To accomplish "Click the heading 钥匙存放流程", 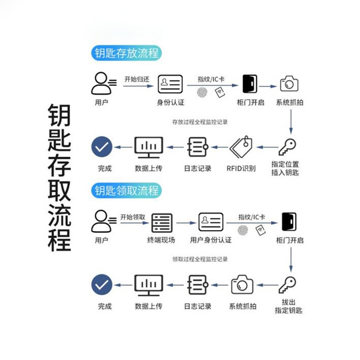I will [127, 53].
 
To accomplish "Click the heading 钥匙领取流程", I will [127, 190].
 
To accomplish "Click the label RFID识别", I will [241, 169].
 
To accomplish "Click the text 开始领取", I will [133, 217].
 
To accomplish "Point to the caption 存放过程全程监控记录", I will [200, 122].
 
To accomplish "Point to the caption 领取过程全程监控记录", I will [200, 259].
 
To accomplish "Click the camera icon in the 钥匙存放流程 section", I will [289, 84].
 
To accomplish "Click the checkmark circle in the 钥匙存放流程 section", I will [102, 147].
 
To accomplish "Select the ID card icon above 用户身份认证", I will [211, 222].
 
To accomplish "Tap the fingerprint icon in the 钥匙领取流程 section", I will [243, 229].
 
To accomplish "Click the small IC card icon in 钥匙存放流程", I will [220, 93].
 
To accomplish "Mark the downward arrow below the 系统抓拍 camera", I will [291, 121].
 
